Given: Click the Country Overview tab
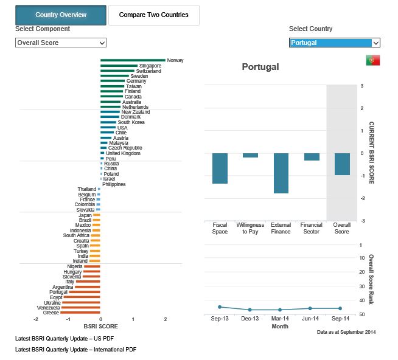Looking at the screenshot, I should [61, 15].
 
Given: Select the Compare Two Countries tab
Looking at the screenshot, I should [153, 15].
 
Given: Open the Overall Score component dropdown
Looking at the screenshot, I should [61, 43].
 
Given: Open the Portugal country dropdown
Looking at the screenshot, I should [334, 43].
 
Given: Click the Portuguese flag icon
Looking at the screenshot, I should [373, 60].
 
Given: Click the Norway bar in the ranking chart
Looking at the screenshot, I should [133, 60].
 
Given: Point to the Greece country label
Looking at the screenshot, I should [51, 313].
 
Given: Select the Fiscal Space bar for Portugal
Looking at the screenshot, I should [220, 168].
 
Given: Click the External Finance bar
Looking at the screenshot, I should [281, 173].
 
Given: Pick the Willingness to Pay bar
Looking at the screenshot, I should [250, 156].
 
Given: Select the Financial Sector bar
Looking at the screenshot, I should [312, 157].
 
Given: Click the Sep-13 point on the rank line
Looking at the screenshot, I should [220, 307].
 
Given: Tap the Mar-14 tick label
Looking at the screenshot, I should [281, 319].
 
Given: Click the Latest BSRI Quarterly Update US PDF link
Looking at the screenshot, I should [65, 339].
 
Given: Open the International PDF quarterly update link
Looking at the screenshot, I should [75, 350].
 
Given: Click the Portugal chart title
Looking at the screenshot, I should [260, 67].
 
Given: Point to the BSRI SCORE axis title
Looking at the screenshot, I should [100, 327].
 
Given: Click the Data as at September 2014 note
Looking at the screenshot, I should [346, 332].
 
